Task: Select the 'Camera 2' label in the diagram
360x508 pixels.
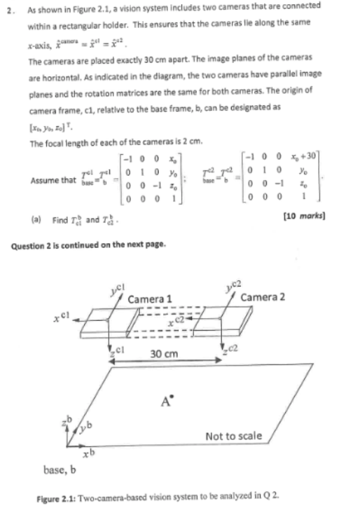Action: pyautogui.click(x=262, y=297)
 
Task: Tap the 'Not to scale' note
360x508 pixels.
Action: pyautogui.click(x=233, y=437)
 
